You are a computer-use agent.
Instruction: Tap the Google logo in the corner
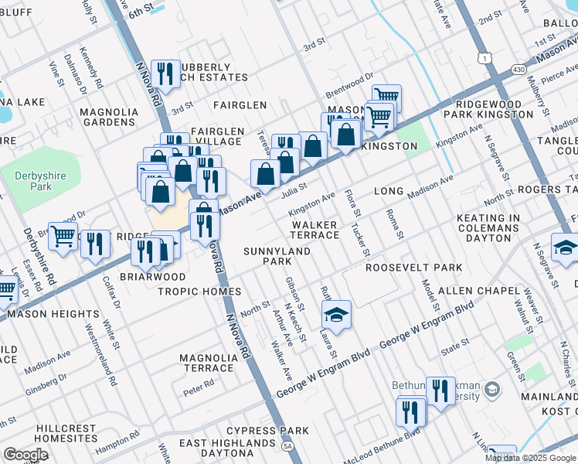click(x=25, y=455)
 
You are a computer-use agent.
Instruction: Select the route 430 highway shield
click(x=515, y=70)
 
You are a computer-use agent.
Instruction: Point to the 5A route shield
click(x=287, y=446)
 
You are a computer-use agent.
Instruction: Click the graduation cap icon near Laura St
click(x=336, y=314)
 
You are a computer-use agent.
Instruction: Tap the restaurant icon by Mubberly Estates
click(x=165, y=73)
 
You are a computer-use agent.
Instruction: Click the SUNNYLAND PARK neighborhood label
click(x=277, y=257)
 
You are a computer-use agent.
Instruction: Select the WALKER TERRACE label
click(x=314, y=230)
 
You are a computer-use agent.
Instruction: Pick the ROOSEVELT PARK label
click(x=413, y=268)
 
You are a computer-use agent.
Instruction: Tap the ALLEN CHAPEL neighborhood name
click(x=478, y=291)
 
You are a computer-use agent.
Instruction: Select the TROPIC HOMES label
click(x=199, y=292)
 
